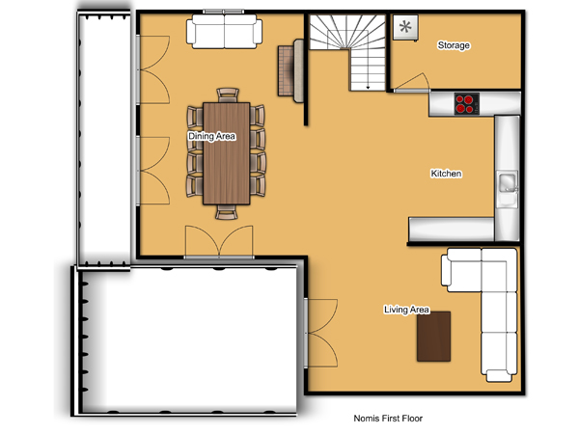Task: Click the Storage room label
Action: click(x=454, y=45)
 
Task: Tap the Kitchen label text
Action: click(x=446, y=174)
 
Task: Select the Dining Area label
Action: click(x=211, y=136)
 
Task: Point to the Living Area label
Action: click(x=406, y=310)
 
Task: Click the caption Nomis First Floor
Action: click(x=388, y=419)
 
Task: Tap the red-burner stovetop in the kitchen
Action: click(x=467, y=104)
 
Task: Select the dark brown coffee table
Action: click(x=433, y=337)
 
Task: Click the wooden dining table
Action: click(x=227, y=153)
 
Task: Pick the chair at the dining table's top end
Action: click(x=228, y=95)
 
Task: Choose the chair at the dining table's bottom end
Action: click(x=227, y=212)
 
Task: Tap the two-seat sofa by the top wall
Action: click(x=224, y=32)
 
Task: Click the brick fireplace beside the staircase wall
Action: click(x=290, y=70)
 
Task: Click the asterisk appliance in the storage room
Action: click(x=405, y=27)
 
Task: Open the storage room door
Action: click(x=412, y=82)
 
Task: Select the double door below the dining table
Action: click(x=219, y=242)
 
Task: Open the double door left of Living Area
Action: click(x=320, y=333)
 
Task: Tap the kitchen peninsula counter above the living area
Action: click(x=451, y=229)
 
